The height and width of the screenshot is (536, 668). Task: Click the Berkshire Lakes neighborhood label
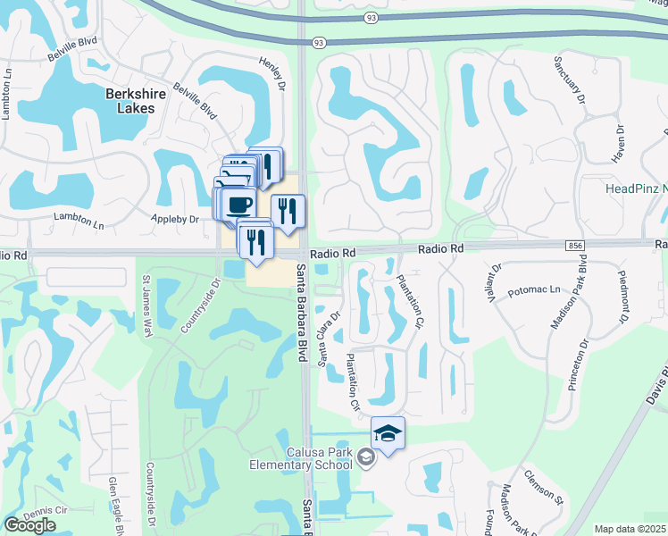point(117,100)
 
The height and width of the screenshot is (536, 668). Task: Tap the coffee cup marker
point(238,205)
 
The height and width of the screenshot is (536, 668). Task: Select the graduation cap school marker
point(388,433)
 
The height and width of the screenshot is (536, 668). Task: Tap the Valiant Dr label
point(497,281)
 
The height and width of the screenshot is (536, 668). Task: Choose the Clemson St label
point(543,485)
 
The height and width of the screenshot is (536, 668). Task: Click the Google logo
point(29,524)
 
